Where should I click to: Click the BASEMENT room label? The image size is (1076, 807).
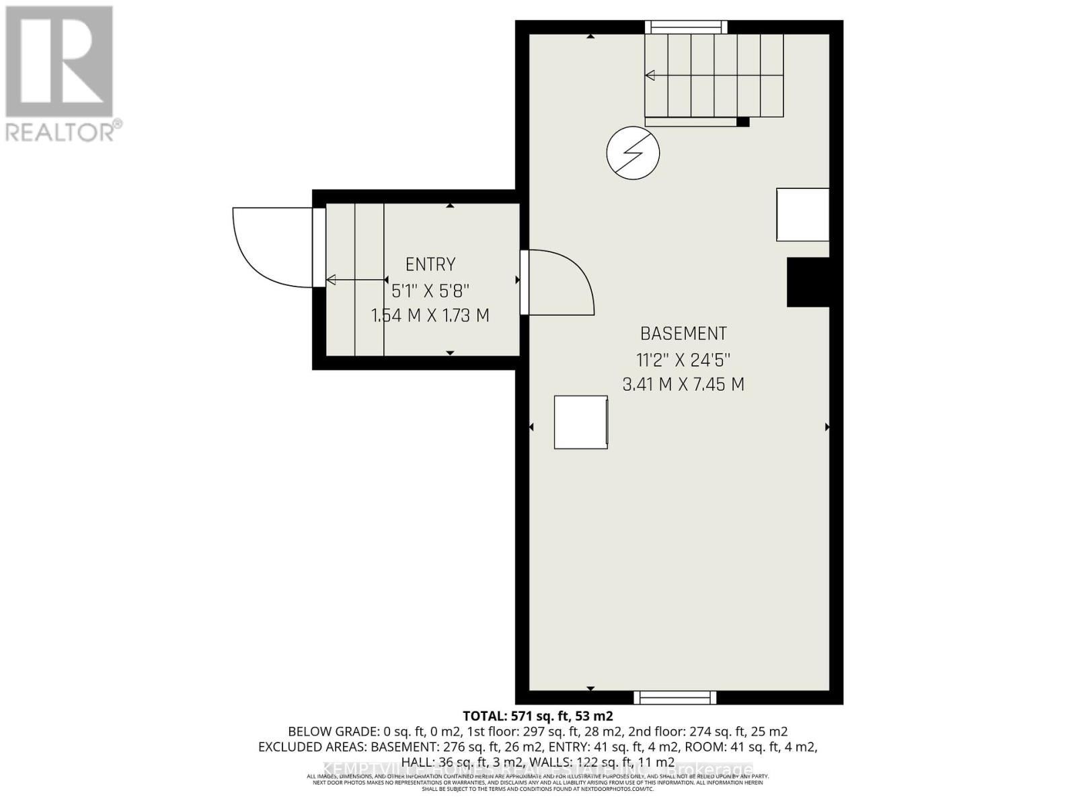683,334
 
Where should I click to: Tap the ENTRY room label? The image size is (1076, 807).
430,264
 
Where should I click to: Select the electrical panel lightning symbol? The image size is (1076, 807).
633,153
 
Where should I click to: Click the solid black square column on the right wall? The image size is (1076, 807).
808,282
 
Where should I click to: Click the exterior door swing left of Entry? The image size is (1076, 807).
269,245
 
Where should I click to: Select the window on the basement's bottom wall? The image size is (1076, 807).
675,697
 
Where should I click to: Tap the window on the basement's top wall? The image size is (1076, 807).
686,27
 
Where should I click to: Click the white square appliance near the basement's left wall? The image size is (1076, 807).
581,422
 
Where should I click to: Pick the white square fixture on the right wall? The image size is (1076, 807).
802,215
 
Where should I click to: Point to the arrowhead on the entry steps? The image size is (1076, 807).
331,280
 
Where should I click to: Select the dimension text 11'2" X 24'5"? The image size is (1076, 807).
683,360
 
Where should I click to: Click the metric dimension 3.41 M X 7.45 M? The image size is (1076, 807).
683,385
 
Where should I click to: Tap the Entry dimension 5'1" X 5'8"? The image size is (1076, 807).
430,291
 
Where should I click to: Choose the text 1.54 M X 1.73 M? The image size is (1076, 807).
430,315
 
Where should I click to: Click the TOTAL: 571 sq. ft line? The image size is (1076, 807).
538,716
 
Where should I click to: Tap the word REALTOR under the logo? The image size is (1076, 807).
61,131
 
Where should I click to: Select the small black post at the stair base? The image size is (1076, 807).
742,122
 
